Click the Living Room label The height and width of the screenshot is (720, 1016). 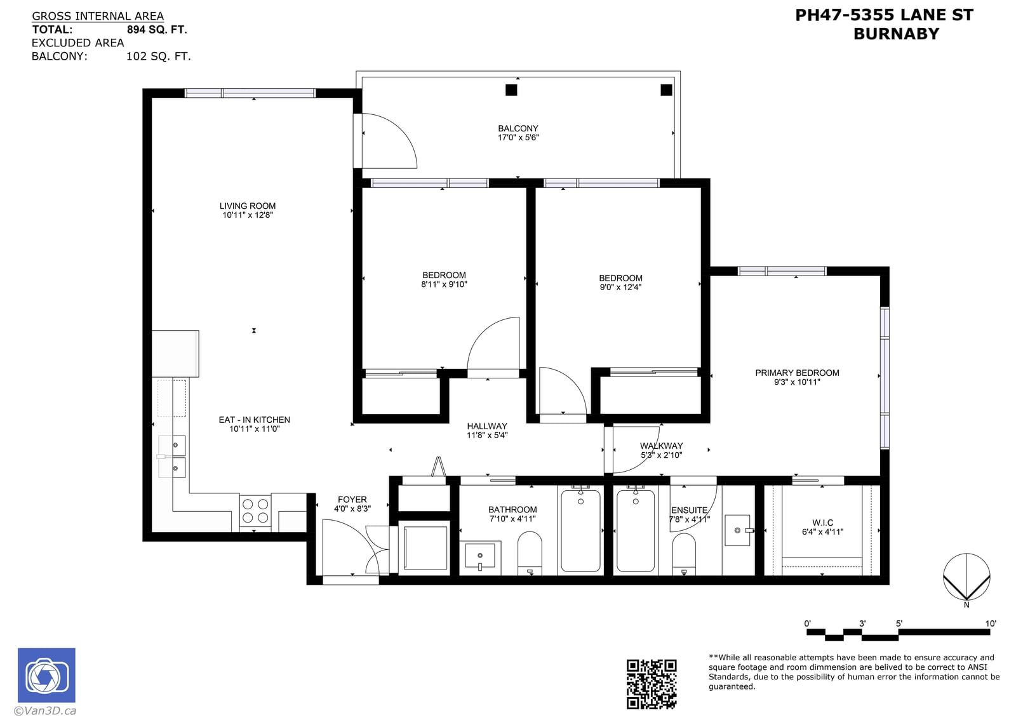point(247,206)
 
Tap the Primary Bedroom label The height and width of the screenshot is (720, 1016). point(797,373)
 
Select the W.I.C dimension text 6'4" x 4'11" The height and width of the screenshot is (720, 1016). point(822,532)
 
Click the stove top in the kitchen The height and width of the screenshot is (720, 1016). point(255,511)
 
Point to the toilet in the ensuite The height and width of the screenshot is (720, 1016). point(683,554)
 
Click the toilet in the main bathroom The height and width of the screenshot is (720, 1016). point(530,553)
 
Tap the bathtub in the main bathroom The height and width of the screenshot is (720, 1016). point(580,531)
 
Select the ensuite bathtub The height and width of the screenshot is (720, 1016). point(636,531)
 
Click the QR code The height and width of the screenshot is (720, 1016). point(652,684)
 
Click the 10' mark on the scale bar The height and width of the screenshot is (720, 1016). point(991,623)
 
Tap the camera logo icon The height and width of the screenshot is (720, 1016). point(46,675)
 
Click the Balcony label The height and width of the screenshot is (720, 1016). point(518,128)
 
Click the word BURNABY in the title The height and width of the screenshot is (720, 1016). point(896,34)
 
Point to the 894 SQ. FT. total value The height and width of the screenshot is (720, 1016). point(157,29)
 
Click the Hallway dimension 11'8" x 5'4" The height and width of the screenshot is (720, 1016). point(487,436)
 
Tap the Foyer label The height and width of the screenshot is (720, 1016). point(352,500)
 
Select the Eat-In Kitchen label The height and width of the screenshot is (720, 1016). point(255,420)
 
